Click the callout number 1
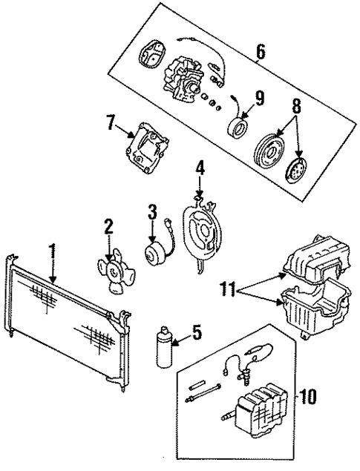pyautogui.click(x=53, y=252)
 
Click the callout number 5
pyautogui.click(x=196, y=334)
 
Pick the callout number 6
pyautogui.click(x=260, y=53)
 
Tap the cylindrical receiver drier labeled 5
pyautogui.click(x=164, y=346)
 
